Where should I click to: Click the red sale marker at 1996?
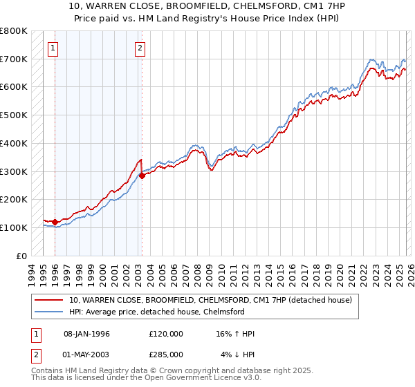click(x=55, y=222)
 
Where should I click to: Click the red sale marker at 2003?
click(x=142, y=176)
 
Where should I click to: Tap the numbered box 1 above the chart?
click(x=54, y=48)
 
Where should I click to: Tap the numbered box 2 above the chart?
click(x=140, y=48)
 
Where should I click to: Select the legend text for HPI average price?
click(x=156, y=312)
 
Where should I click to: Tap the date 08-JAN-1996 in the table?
click(x=86, y=334)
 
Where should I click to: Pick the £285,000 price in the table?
click(x=165, y=354)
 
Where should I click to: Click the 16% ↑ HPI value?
click(x=235, y=334)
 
